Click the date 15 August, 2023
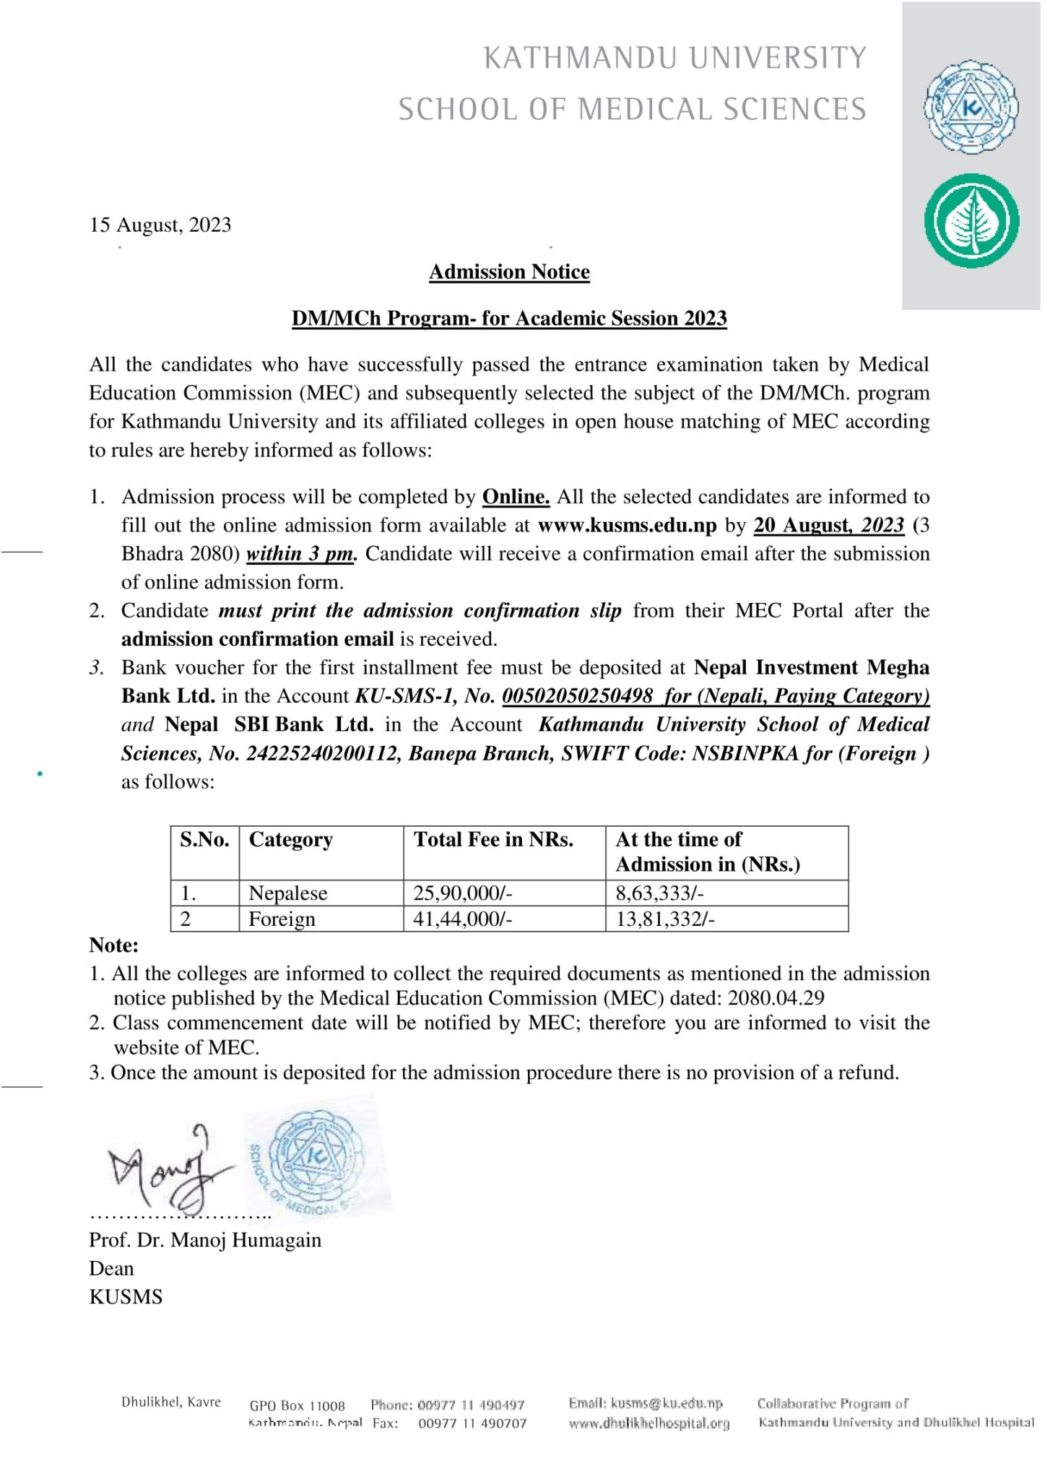[160, 225]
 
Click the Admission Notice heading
[509, 272]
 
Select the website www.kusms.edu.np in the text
[628, 526]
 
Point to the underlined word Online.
[516, 497]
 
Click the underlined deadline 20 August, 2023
[828, 526]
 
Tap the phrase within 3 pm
[301, 554]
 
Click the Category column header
[291, 840]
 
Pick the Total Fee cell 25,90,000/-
[462, 894]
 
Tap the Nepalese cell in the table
[287, 894]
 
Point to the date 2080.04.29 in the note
[776, 999]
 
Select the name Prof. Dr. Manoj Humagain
[205, 1241]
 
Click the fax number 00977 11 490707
[472, 1423]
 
